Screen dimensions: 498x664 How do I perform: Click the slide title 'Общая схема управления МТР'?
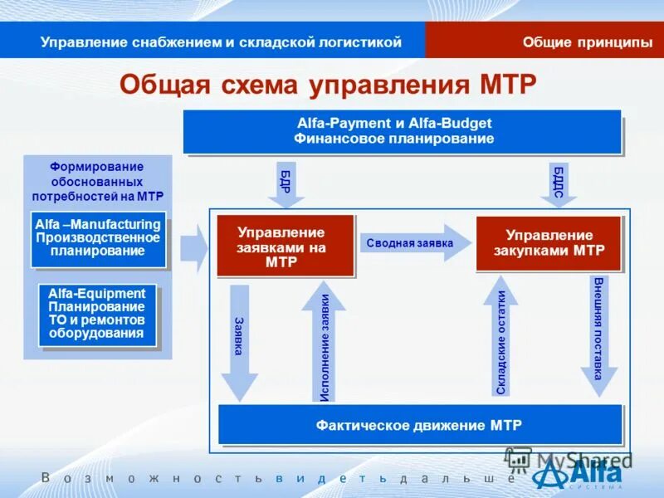[x=328, y=85]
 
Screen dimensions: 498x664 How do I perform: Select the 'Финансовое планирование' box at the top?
[x=401, y=131]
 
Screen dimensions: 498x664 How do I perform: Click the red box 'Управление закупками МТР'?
[x=548, y=243]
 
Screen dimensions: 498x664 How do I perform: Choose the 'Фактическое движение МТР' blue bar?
[x=419, y=425]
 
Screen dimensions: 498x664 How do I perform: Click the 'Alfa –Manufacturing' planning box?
[x=98, y=238]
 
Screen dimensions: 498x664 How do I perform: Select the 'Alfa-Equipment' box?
[x=96, y=315]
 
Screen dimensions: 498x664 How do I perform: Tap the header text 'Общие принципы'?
[x=587, y=42]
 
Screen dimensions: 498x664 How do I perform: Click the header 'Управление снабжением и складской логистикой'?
[x=221, y=42]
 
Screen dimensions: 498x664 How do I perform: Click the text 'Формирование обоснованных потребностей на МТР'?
[x=98, y=182]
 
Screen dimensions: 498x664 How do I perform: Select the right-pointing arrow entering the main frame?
[x=194, y=247]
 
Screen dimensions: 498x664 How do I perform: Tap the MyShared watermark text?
[x=573, y=459]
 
